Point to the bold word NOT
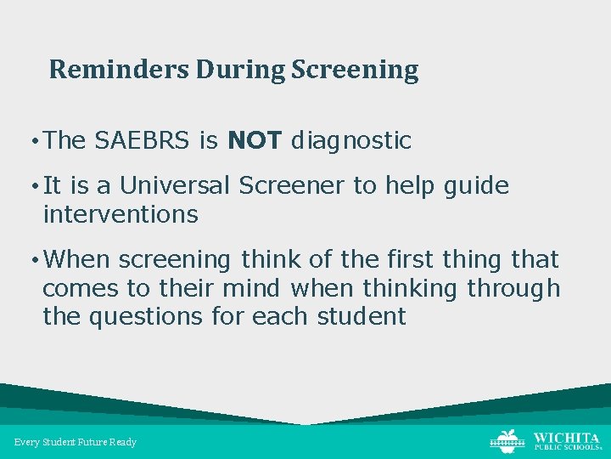[255, 140]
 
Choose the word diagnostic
[350, 141]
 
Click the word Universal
[174, 185]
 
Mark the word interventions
[120, 214]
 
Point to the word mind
[250, 288]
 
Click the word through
[513, 289]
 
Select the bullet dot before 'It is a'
[33, 186]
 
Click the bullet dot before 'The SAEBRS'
[33, 141]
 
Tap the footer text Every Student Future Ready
[76, 442]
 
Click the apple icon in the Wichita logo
[507, 440]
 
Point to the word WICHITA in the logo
[566, 437]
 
